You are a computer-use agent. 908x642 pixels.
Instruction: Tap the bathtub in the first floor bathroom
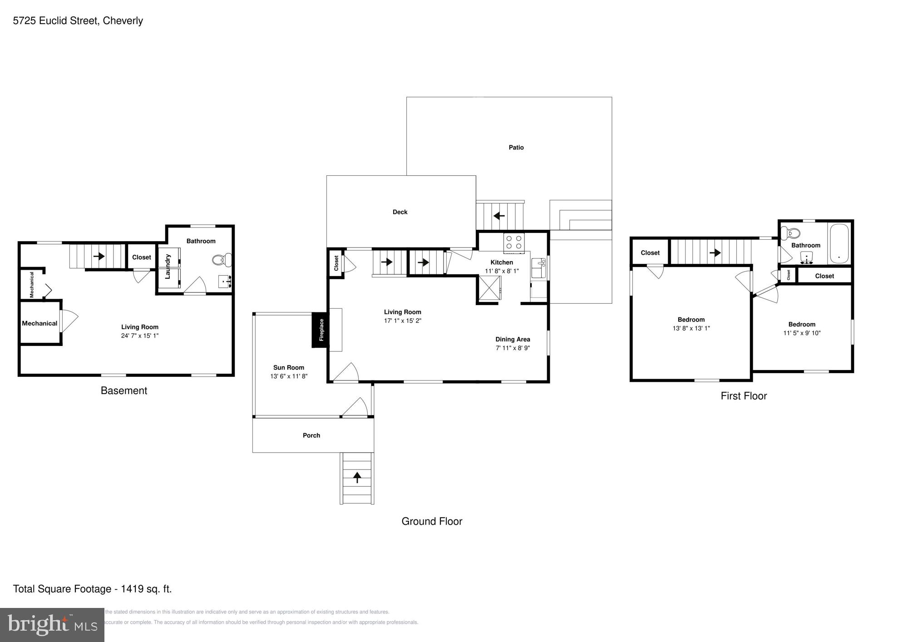pos(839,243)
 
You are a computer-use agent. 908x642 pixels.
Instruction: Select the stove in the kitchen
pos(513,242)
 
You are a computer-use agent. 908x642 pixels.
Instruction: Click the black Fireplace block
pos(321,330)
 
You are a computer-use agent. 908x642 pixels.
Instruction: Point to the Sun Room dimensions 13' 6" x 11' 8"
pos(289,376)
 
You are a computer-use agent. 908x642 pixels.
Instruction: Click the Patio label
pos(516,148)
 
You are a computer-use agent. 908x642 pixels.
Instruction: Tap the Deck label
pos(400,212)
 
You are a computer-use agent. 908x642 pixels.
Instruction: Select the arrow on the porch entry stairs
pos(357,477)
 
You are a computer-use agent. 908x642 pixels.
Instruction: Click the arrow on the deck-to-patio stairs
pos(499,216)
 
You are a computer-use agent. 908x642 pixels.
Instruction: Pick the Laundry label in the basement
pos(168,267)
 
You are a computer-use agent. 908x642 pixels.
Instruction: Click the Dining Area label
pos(513,339)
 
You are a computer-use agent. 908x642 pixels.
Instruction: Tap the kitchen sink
pos(538,268)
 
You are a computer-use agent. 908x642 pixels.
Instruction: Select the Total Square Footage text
pos(92,589)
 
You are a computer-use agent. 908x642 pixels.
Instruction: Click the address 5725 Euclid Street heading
pos(78,21)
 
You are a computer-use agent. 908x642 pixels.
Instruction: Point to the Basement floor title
pos(124,390)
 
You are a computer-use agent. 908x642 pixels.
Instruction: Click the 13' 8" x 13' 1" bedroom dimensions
pos(691,328)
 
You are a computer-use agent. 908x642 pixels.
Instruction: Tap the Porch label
pos(311,435)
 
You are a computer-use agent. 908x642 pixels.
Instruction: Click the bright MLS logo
pos(52,625)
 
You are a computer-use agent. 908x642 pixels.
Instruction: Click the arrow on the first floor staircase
pos(715,252)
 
